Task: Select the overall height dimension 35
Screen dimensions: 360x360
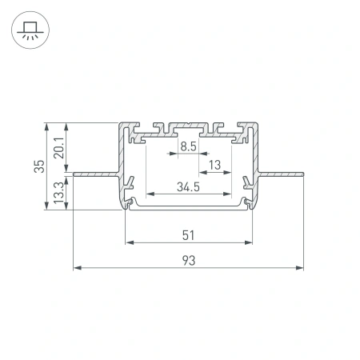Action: tap(38, 166)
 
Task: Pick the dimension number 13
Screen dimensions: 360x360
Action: tap(214, 166)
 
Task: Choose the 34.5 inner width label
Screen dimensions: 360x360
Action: tap(189, 188)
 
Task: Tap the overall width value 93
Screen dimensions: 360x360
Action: tap(189, 260)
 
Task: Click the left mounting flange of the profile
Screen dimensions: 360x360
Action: tap(96, 172)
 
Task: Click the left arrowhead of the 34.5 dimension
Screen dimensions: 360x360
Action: tap(148, 195)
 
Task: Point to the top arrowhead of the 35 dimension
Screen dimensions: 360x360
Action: tap(47, 126)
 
